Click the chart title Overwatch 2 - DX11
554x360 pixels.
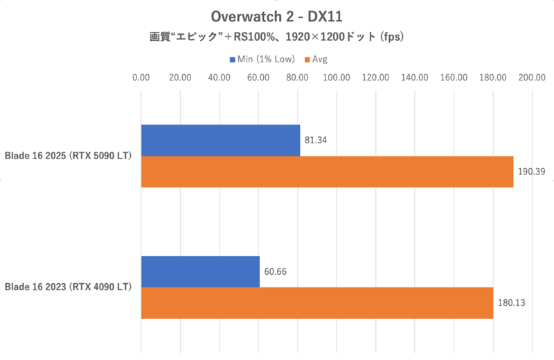click(277, 15)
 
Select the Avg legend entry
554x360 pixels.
click(316, 60)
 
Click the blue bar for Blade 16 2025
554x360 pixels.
click(220, 140)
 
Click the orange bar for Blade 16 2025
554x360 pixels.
click(327, 171)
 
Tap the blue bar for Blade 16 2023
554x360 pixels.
click(200, 271)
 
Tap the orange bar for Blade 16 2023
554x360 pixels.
click(317, 303)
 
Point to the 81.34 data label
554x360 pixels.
click(316, 141)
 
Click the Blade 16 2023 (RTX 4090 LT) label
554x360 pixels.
click(69, 286)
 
